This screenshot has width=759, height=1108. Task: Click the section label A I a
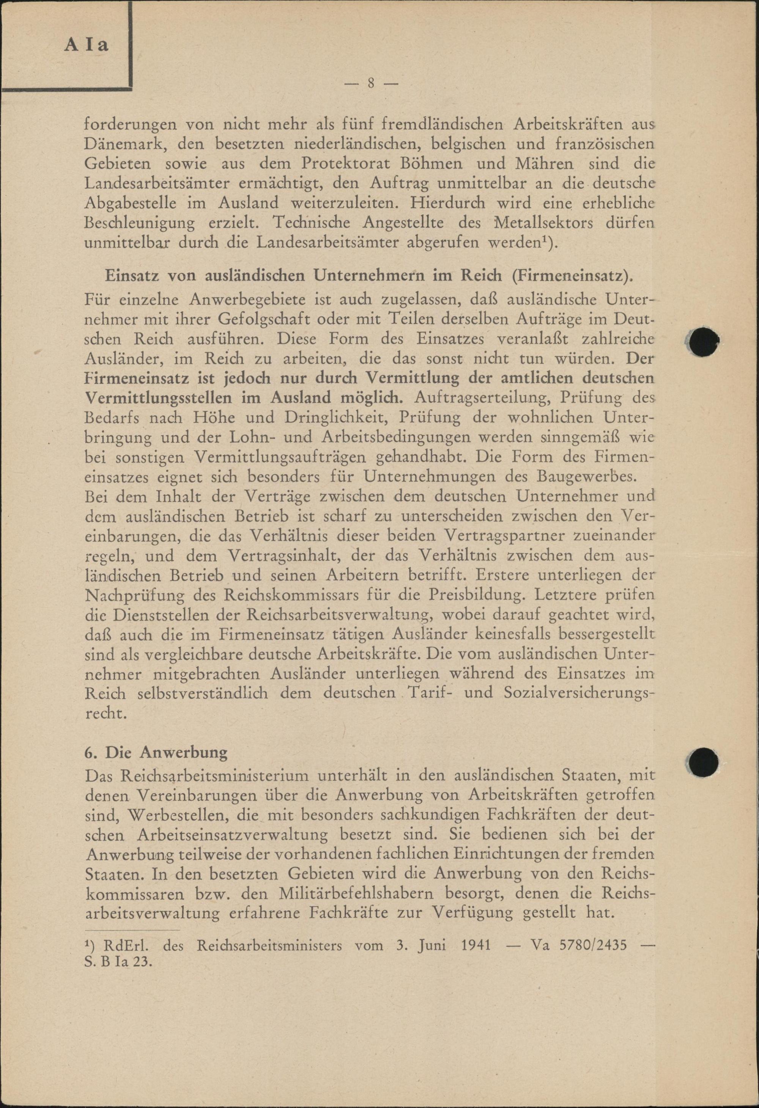click(87, 44)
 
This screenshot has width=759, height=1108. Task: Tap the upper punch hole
click(704, 341)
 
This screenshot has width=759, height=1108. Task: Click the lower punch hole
click(704, 760)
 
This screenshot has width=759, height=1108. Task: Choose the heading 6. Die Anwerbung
click(156, 752)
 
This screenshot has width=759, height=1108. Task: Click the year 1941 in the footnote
click(477, 932)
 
